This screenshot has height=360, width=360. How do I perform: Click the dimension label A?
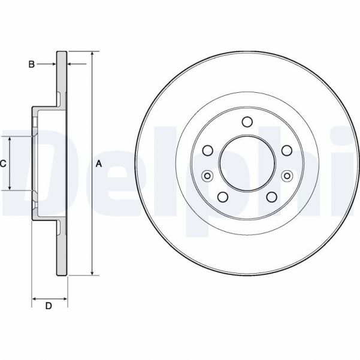(100, 164)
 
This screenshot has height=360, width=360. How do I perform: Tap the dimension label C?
(3, 164)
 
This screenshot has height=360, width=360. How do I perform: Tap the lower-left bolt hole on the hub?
(222, 197)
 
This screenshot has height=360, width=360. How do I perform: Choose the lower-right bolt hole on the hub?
(271, 197)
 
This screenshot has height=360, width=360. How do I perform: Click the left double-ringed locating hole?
(208, 176)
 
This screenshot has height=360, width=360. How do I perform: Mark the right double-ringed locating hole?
(286, 176)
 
